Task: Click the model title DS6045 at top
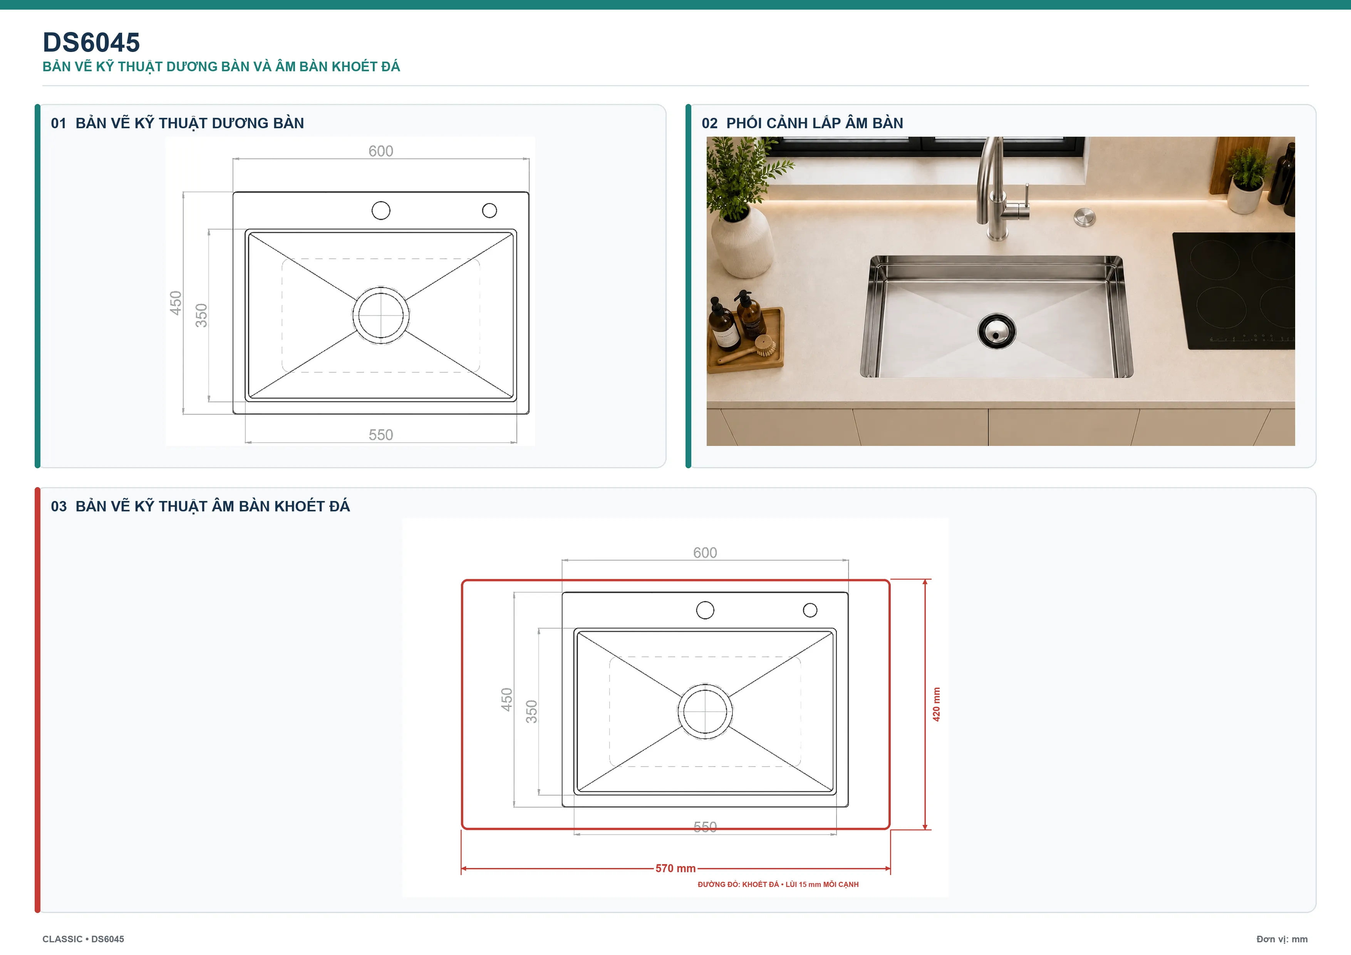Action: click(91, 42)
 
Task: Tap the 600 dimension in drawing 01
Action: click(381, 151)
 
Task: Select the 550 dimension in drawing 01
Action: click(381, 435)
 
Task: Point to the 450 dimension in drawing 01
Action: click(175, 303)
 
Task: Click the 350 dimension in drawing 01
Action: click(201, 315)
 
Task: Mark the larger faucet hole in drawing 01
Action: click(381, 211)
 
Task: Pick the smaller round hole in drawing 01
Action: click(489, 211)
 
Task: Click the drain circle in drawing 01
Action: click(381, 315)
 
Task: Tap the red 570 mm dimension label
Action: click(675, 868)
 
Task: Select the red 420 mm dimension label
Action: click(936, 704)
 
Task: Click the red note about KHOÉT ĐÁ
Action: click(778, 885)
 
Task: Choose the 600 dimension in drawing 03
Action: click(705, 553)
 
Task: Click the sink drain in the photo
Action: click(997, 331)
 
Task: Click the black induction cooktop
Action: click(1234, 291)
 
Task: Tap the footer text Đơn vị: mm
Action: click(1282, 939)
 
